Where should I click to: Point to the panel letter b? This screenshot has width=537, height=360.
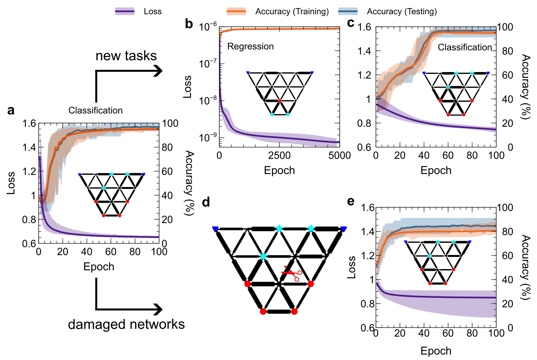click(189, 24)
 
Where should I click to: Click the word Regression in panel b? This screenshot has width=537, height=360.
click(250, 46)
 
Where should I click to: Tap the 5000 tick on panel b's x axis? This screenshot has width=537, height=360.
click(339, 155)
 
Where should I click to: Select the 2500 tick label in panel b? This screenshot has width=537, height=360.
click(279, 155)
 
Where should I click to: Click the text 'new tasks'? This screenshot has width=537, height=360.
click(126, 56)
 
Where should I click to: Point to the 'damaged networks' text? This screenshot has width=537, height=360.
click(126, 324)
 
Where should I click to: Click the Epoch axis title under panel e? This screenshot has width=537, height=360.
click(436, 351)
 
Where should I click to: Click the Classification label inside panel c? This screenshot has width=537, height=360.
click(465, 47)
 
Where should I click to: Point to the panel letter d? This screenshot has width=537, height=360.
click(206, 202)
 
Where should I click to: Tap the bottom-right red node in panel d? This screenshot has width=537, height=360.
click(294, 312)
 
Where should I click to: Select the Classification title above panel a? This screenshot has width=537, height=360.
click(95, 110)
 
